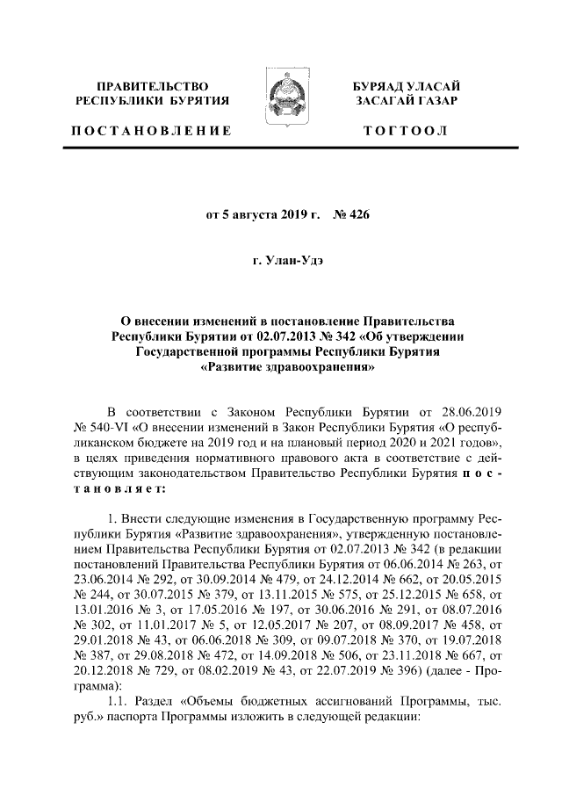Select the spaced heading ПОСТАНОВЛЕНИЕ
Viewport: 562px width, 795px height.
[151, 131]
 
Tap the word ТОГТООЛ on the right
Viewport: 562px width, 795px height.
[405, 131]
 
